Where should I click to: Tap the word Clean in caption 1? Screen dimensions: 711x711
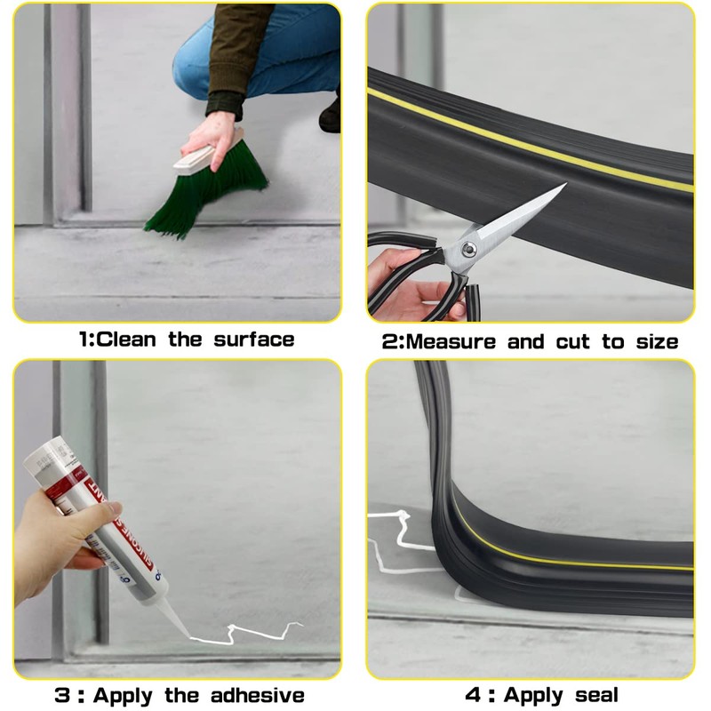tap(129, 340)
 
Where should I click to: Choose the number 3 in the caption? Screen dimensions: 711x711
tap(62, 695)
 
